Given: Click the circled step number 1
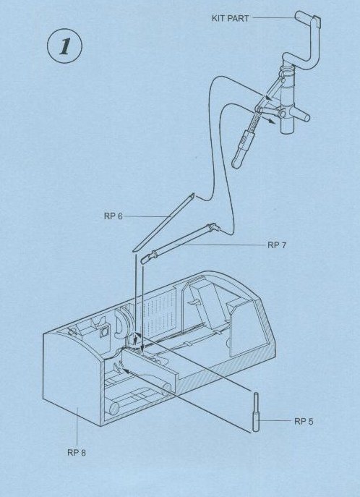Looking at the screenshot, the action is pyautogui.click(x=64, y=46).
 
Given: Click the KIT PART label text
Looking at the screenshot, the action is pyautogui.click(x=230, y=18).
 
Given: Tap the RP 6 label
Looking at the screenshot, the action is pyautogui.click(x=113, y=216).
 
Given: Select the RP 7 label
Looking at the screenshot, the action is pyautogui.click(x=277, y=245).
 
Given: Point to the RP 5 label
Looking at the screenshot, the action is pyautogui.click(x=304, y=421).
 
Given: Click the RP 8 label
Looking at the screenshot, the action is pyautogui.click(x=77, y=452).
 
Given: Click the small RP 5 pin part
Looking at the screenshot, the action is pyautogui.click(x=256, y=412).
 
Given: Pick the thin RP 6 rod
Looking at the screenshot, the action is pyautogui.click(x=164, y=221).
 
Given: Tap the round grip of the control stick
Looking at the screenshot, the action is pyautogui.click(x=238, y=161).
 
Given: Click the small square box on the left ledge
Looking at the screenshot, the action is pyautogui.click(x=103, y=333).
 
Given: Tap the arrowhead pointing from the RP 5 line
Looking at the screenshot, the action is pyautogui.click(x=125, y=370).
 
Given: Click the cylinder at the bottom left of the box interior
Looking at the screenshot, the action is pyautogui.click(x=113, y=408).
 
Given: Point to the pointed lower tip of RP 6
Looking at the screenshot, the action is pyautogui.click(x=134, y=250).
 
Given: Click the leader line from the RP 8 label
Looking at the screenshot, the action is pyautogui.click(x=77, y=427).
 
